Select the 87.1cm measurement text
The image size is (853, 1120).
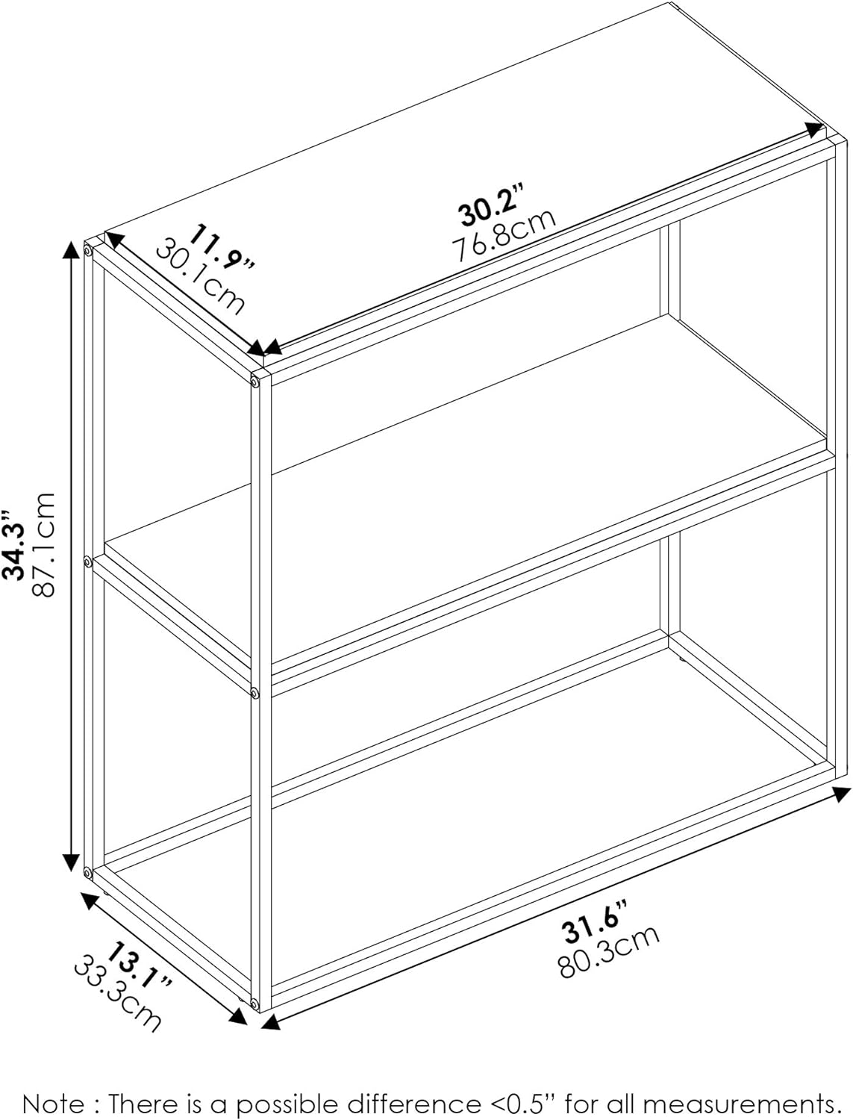click(x=43, y=544)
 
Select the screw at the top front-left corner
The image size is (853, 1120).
click(x=254, y=379)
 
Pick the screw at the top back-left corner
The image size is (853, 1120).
click(x=87, y=251)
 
